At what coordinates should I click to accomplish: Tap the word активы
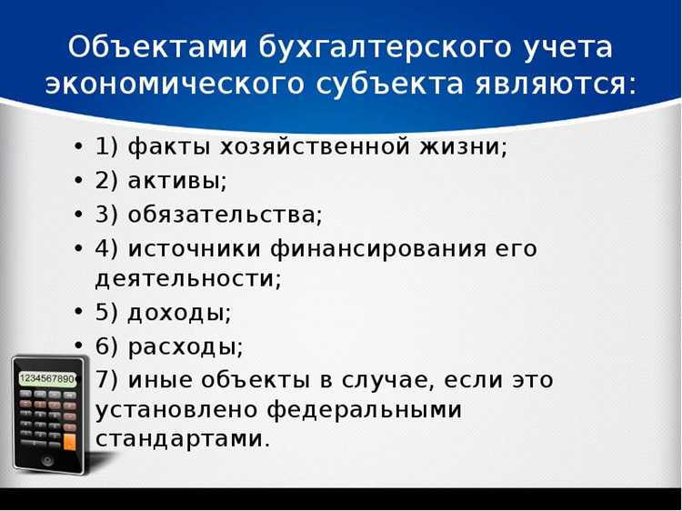(x=177, y=180)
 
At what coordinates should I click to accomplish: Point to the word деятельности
(x=188, y=279)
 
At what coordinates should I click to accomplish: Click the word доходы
(x=179, y=313)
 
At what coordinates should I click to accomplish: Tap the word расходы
(x=186, y=346)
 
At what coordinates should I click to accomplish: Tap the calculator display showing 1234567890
(x=48, y=377)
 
